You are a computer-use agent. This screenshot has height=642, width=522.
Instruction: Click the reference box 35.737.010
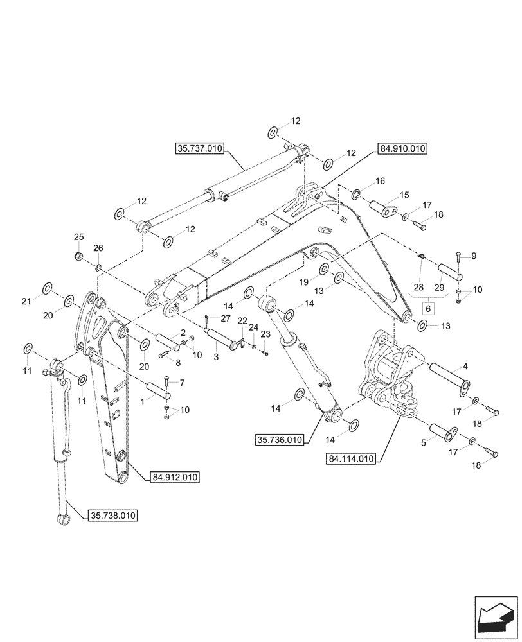[199, 148]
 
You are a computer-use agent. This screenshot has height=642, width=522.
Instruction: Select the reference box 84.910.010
[402, 148]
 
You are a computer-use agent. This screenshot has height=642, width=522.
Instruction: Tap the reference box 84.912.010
[175, 477]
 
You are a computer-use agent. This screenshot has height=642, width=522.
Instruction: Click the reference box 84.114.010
[352, 458]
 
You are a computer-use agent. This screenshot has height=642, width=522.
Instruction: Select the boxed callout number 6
[427, 308]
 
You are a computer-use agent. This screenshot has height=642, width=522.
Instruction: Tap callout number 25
[78, 237]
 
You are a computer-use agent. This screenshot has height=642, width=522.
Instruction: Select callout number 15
[404, 195]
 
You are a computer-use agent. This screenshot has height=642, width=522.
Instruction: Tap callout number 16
[380, 182]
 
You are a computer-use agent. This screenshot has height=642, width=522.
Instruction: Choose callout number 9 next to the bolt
[474, 256]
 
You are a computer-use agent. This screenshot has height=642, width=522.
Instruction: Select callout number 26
[98, 248]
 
